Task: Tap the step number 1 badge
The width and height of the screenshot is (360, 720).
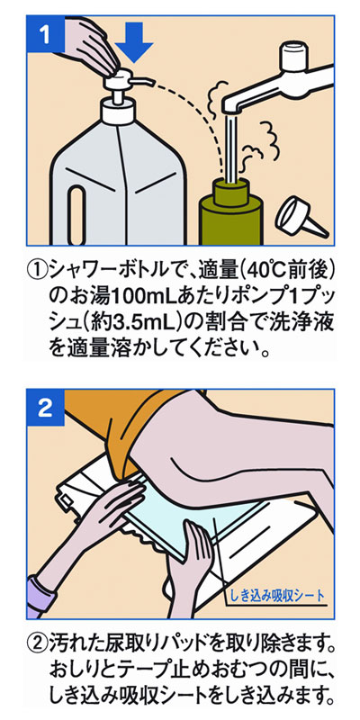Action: point(45,34)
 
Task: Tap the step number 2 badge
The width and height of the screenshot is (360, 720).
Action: point(45,408)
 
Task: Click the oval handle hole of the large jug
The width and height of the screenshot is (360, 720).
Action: point(76,216)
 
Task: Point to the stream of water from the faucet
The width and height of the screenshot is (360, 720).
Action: point(232,147)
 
